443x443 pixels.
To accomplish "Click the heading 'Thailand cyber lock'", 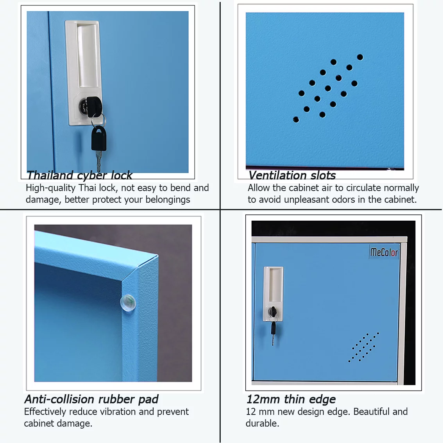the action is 79,175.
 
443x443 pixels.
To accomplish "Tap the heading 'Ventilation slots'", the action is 292,175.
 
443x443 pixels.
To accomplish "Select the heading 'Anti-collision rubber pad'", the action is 91,399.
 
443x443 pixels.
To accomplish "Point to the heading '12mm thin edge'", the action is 291,399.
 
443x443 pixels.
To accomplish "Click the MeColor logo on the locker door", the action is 384,252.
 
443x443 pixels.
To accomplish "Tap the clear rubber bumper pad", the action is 128,303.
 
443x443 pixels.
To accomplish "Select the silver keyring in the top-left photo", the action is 99,120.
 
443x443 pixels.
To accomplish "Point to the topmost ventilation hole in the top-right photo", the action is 360,57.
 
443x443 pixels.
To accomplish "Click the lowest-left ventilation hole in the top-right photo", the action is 296,120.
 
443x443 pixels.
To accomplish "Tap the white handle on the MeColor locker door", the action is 273,294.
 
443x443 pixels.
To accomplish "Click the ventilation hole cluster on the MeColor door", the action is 364,347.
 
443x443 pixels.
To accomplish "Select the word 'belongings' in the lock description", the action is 168,200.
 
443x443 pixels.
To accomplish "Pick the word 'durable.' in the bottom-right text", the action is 263,423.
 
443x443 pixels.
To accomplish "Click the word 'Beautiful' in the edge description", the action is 371,412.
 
